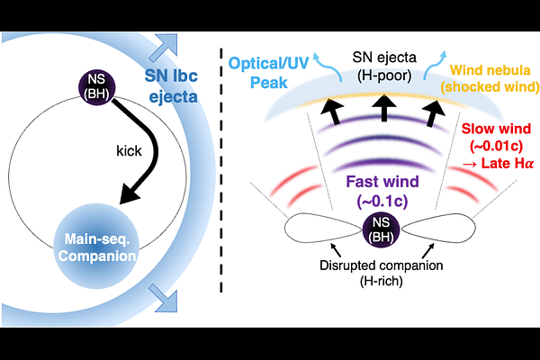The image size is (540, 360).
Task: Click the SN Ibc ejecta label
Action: [179, 82]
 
